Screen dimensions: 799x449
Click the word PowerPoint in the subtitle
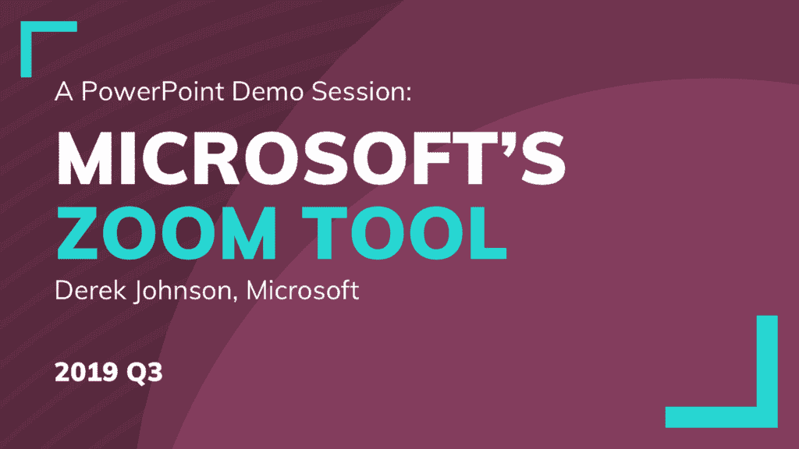pos(152,92)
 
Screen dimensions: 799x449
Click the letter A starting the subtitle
pos(64,92)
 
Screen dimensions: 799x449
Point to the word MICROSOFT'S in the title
pos(311,157)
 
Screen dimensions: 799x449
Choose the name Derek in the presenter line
pos(91,290)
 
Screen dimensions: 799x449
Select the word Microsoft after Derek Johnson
pos(303,290)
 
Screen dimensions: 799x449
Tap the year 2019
pos(87,372)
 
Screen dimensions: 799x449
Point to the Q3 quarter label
pos(144,373)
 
